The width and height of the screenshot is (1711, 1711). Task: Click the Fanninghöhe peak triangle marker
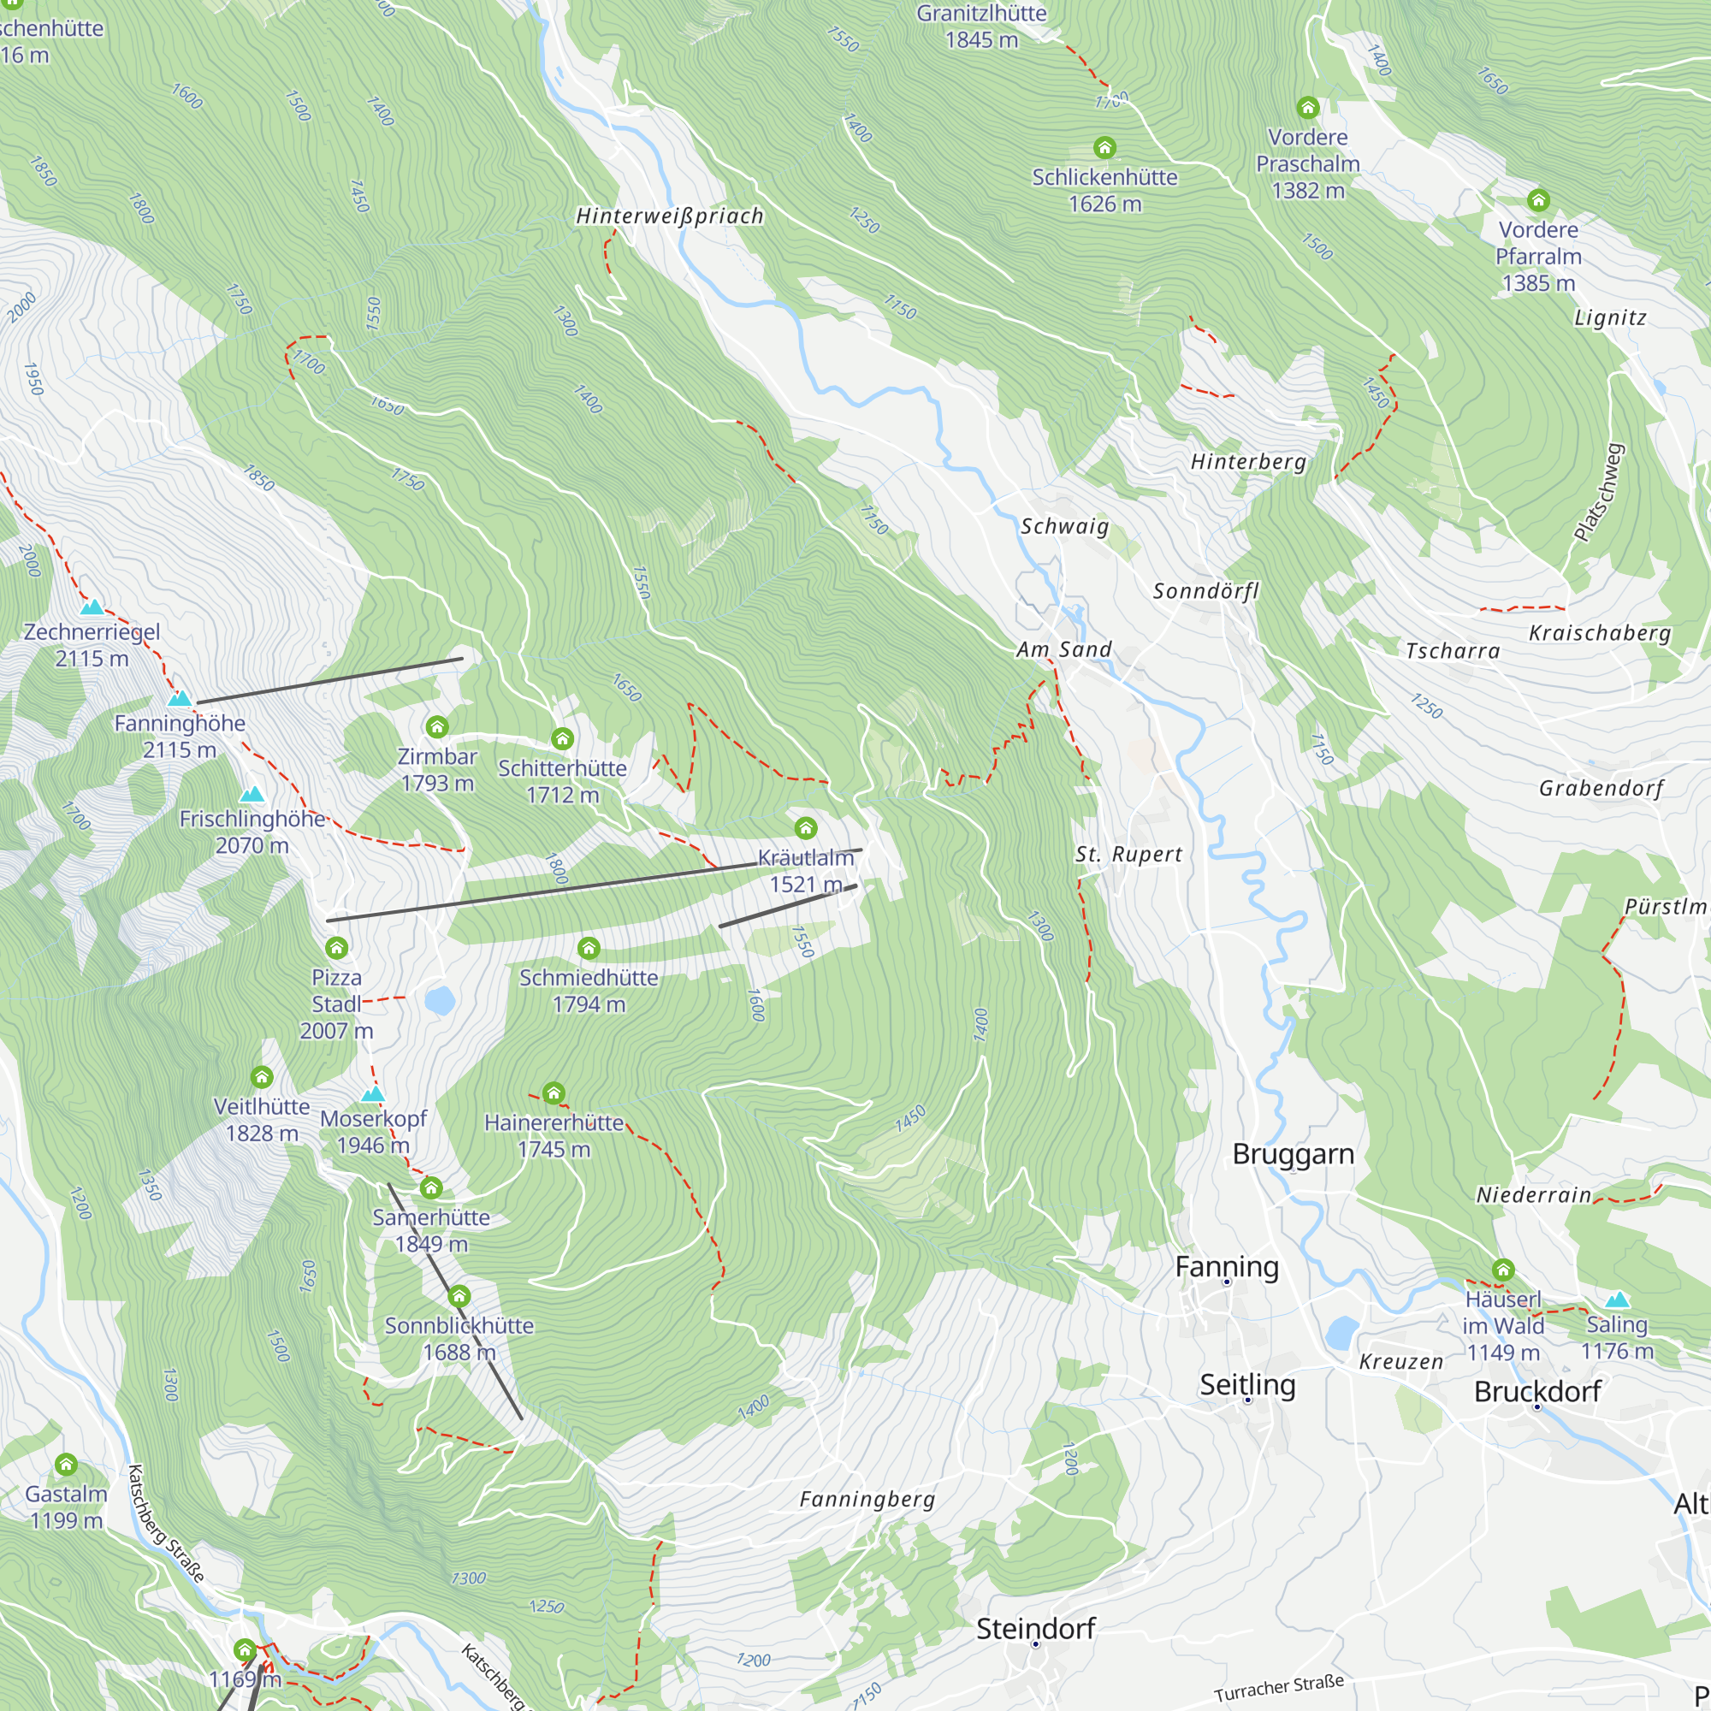tap(180, 699)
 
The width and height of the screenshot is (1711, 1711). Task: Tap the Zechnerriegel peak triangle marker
tap(92, 607)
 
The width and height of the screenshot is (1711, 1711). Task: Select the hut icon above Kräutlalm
tap(805, 828)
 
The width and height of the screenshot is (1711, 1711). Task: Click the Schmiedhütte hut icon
tap(589, 949)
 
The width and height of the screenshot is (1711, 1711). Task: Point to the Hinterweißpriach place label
tap(670, 216)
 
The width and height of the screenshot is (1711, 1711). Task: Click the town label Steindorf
tap(1035, 1628)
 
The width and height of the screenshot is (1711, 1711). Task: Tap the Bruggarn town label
tap(1293, 1154)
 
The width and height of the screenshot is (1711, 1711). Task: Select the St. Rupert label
tap(1128, 855)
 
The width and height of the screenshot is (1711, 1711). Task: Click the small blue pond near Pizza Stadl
tap(439, 1001)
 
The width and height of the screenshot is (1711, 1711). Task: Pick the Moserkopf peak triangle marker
tap(373, 1095)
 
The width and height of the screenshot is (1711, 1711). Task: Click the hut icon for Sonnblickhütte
tap(458, 1297)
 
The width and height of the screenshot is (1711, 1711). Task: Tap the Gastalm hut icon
tap(67, 1464)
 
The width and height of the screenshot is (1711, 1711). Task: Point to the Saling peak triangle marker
tap(1617, 1300)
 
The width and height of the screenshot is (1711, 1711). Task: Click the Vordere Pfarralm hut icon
tap(1538, 200)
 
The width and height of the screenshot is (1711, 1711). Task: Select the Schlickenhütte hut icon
tap(1104, 147)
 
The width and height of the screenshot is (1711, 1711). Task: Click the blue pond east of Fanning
tap(1342, 1331)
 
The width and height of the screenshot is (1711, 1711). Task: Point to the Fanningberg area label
tap(867, 1500)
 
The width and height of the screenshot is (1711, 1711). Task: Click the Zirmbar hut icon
tap(436, 727)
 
